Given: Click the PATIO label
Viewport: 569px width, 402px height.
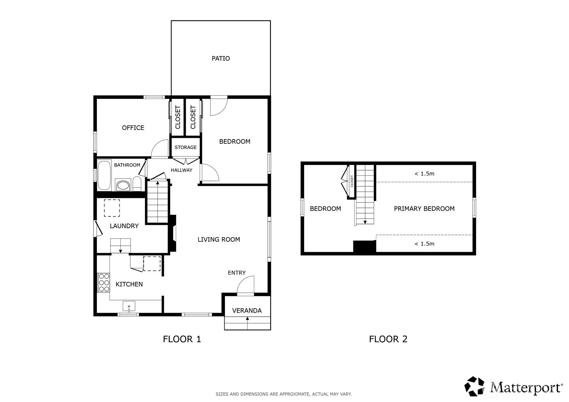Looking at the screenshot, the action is tap(221, 58).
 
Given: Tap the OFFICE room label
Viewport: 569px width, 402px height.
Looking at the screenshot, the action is tap(133, 128).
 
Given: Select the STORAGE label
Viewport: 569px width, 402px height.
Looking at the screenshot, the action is tap(186, 147).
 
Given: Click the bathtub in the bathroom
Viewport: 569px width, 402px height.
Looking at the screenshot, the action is tap(104, 175).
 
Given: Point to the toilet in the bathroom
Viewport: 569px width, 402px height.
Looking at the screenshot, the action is tap(137, 183).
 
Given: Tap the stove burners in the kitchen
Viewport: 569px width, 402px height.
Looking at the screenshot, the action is tap(104, 283).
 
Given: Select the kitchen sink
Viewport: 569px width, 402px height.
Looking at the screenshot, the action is tap(129, 306).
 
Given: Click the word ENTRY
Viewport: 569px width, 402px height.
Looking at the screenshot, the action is tap(237, 273).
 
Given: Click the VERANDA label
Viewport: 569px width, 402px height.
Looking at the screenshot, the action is tap(247, 310).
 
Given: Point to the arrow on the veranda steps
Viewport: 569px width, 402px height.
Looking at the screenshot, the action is tap(247, 323).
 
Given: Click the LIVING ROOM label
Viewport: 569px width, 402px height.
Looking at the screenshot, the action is tap(219, 239).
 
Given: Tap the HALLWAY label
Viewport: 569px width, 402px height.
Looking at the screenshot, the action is tap(181, 170).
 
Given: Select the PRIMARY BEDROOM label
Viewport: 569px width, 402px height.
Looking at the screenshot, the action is tap(424, 209).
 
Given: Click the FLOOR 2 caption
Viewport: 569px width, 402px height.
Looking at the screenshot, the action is tap(388, 339).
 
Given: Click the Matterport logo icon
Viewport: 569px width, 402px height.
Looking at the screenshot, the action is tap(474, 386).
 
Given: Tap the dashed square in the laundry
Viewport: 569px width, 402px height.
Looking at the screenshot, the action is tap(112, 208).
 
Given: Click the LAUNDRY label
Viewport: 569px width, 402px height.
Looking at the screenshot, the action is tap(124, 226).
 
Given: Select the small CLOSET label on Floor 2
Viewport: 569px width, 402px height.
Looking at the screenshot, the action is tap(352, 181).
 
